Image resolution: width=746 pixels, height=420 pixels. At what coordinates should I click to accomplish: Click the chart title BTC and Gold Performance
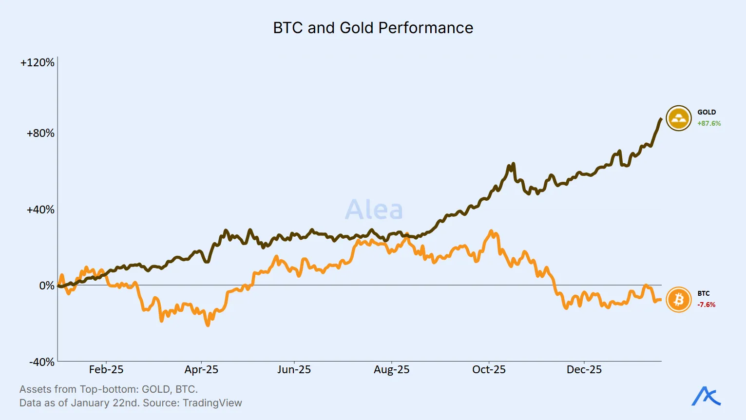(373, 28)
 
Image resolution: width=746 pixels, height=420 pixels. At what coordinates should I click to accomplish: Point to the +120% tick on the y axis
(38, 62)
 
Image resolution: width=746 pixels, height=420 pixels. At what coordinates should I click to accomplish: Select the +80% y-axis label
(40, 133)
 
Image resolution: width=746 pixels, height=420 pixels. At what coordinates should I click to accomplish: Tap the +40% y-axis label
(40, 210)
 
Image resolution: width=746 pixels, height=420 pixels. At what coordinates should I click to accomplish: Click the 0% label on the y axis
(47, 286)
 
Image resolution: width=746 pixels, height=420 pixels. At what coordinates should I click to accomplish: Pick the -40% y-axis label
(42, 362)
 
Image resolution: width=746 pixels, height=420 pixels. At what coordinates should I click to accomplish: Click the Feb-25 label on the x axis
(106, 370)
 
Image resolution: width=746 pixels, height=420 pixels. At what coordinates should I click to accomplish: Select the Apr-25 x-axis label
(201, 370)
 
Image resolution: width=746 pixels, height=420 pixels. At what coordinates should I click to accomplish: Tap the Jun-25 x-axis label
(294, 370)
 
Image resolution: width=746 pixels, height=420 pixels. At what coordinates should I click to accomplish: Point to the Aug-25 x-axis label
(392, 370)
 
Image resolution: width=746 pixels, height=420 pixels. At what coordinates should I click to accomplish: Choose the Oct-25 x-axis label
(489, 370)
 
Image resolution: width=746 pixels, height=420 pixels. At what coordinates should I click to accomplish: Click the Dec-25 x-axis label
(584, 370)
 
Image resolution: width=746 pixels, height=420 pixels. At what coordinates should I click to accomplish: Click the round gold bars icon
(679, 118)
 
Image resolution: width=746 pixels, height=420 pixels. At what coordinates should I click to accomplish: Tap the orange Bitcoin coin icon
(679, 299)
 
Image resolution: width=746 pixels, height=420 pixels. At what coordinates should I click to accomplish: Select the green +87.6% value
(709, 124)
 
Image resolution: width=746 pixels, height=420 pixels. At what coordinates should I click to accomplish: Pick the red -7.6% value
(707, 305)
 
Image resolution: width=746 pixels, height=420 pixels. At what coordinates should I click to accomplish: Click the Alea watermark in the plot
(374, 210)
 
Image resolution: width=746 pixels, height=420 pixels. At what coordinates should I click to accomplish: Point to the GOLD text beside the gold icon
(707, 112)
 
